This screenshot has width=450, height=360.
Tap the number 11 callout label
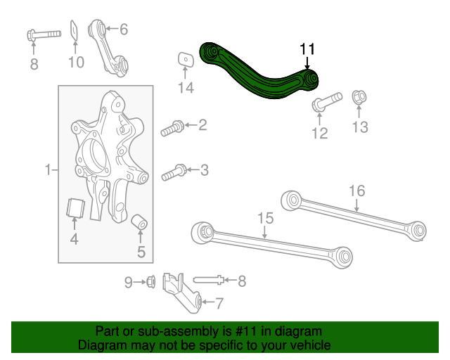(x=307, y=49)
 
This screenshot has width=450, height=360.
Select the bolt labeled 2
(x=172, y=128)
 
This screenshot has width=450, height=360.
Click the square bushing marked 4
(x=75, y=209)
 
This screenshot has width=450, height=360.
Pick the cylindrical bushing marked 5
(x=140, y=224)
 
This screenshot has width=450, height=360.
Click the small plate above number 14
(x=185, y=59)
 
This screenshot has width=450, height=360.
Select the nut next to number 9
(x=150, y=283)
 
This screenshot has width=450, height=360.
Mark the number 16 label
(x=356, y=191)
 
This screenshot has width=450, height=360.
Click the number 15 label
(x=264, y=219)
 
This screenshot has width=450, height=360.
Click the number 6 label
(x=124, y=29)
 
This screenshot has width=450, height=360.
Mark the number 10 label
(x=75, y=63)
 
